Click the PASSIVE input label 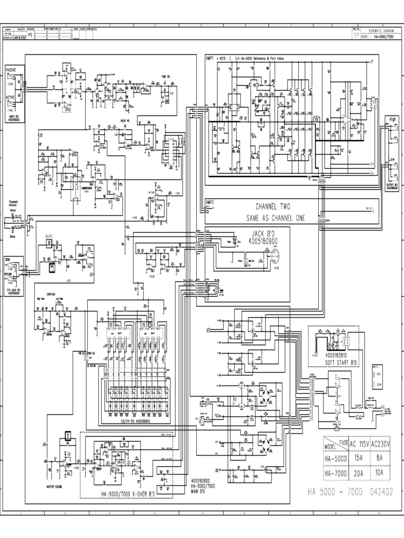point(11,69)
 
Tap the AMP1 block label point(210,58)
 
